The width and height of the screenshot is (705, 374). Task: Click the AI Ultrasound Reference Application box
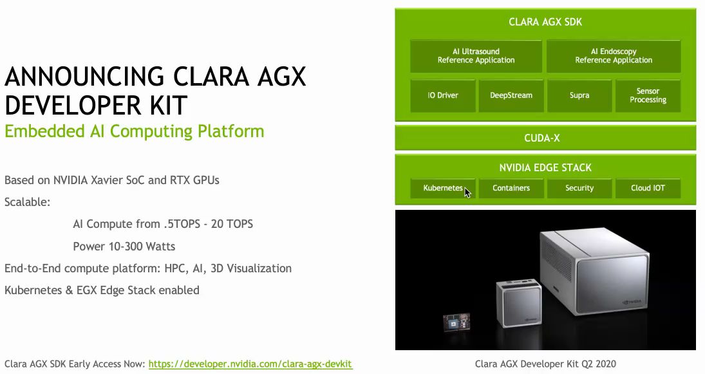pyautogui.click(x=476, y=56)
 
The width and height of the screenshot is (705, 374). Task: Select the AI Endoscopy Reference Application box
pyautogui.click(x=614, y=56)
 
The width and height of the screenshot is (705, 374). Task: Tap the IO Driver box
pyautogui.click(x=443, y=95)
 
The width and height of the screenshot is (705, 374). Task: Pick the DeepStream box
pyautogui.click(x=511, y=95)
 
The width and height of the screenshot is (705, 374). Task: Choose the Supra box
pyautogui.click(x=579, y=95)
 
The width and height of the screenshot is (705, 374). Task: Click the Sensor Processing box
pyautogui.click(x=648, y=95)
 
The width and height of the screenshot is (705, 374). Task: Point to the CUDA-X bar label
pyautogui.click(x=542, y=138)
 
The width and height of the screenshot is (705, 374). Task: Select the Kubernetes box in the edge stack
pyautogui.click(x=443, y=188)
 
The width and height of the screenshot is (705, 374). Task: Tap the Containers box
pyautogui.click(x=511, y=188)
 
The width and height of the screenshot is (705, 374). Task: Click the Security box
pyautogui.click(x=579, y=188)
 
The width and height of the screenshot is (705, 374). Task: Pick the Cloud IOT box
pyautogui.click(x=648, y=188)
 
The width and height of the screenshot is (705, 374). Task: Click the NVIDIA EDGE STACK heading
pyautogui.click(x=545, y=167)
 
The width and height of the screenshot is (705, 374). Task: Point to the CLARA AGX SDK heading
pyautogui.click(x=545, y=22)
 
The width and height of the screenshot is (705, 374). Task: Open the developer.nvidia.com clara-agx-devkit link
pyautogui.click(x=250, y=364)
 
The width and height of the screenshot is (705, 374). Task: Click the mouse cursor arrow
pyautogui.click(x=467, y=192)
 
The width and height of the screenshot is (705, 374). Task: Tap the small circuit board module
pyautogui.click(x=456, y=322)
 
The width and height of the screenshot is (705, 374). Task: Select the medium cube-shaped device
pyautogui.click(x=519, y=303)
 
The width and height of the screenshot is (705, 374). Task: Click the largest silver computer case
pyautogui.click(x=594, y=270)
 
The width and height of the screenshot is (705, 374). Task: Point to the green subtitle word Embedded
pyautogui.click(x=44, y=131)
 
